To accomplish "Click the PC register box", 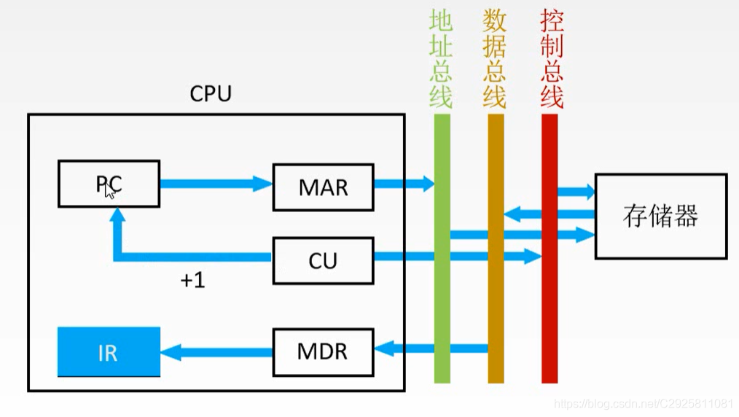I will point(109,184).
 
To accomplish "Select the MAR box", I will point(323,187).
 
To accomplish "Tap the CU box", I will point(323,260).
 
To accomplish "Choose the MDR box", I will point(323,352).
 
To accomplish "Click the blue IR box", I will point(109,352).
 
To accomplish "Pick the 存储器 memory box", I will point(660,216).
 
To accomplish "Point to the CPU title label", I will point(211,94).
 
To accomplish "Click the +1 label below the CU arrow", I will point(192,281).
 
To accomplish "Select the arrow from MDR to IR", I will point(216,353).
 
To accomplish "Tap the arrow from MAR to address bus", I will point(403,184).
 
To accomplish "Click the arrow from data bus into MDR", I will point(430,348).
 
